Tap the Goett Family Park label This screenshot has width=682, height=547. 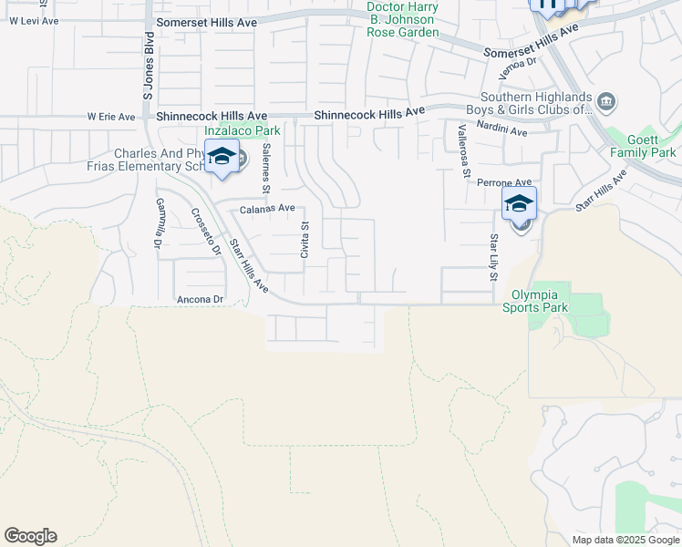coord(644,146)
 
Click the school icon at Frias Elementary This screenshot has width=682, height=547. coord(222,158)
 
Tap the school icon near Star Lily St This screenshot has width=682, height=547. coord(519,203)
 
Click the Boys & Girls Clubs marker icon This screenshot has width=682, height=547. coord(606,99)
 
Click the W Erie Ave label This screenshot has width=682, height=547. coord(110,117)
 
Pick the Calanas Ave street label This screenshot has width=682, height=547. coord(267,209)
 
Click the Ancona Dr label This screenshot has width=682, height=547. coord(200,299)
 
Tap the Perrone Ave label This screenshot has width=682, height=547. coord(504,183)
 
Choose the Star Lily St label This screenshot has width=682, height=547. coord(493,256)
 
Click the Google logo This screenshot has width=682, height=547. coord(30,536)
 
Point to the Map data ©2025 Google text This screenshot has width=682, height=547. coord(625,540)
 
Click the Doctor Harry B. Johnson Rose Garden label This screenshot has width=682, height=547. coord(402,19)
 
